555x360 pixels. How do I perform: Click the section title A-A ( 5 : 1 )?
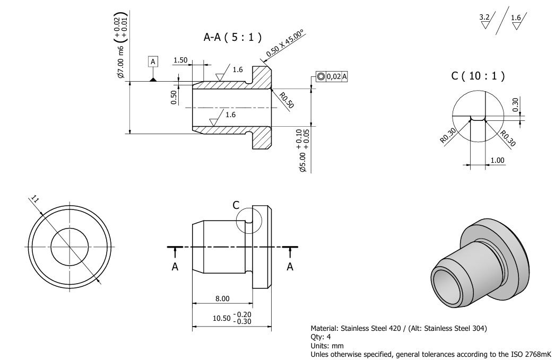[x=232, y=37]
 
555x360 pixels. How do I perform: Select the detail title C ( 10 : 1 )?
[x=478, y=76]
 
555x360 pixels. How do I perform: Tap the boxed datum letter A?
[x=153, y=62]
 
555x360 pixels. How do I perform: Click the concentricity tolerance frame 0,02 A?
[x=332, y=76]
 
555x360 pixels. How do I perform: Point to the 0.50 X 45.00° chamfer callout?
[x=285, y=43]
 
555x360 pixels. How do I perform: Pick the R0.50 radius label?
[x=287, y=100]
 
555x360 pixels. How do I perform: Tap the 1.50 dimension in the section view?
[x=180, y=60]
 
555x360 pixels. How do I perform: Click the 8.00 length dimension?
[x=222, y=298]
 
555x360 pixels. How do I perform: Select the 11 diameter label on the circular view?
[x=34, y=199]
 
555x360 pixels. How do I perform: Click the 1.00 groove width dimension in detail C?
[x=497, y=160]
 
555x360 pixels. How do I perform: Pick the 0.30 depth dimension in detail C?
[x=515, y=104]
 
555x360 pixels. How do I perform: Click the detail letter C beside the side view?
[x=236, y=205]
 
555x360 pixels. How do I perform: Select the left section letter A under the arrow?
[x=175, y=267]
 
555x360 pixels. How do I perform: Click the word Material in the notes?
[x=325, y=328]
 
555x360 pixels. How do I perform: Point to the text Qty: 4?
[x=320, y=337]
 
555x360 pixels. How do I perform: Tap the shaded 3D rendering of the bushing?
[x=480, y=264]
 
